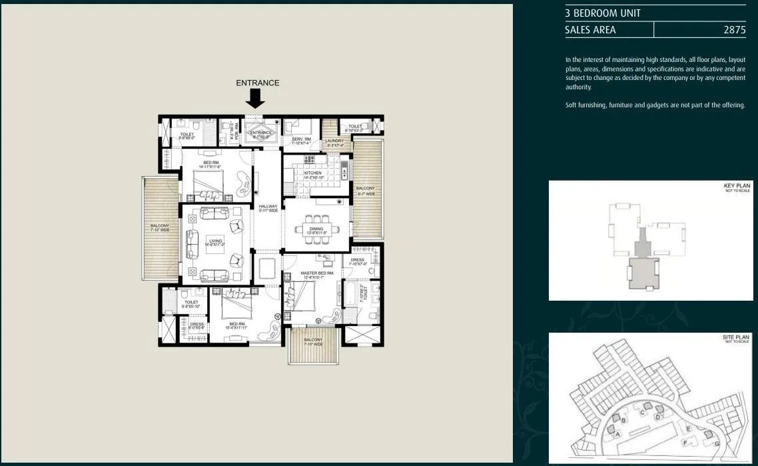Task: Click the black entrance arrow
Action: tap(255, 99)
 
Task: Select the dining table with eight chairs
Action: tap(316, 228)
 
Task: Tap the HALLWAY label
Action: tap(268, 208)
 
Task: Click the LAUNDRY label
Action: tap(334, 141)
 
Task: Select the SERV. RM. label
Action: tap(302, 139)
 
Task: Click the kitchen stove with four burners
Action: tap(309, 159)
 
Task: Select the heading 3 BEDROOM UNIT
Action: tap(602, 13)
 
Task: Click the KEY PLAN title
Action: tap(737, 186)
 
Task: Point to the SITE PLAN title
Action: tap(736, 338)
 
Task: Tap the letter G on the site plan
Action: tap(717, 443)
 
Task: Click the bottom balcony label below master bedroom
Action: tap(312, 342)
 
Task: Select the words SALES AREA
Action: tap(590, 30)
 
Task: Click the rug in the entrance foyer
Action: tap(260, 133)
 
